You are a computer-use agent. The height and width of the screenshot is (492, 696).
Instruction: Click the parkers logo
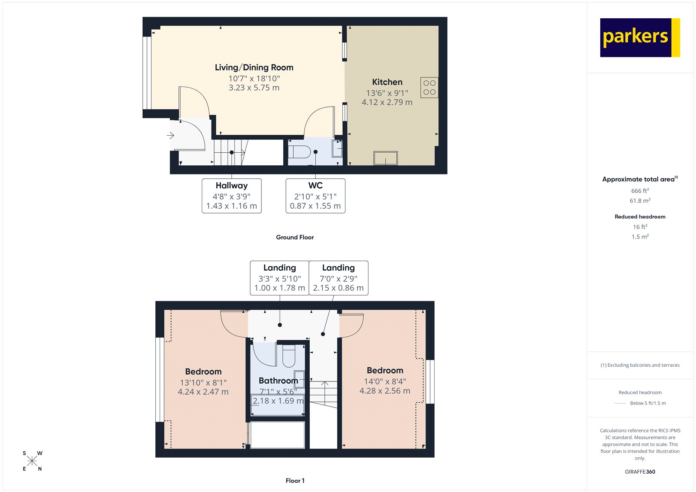click(x=639, y=37)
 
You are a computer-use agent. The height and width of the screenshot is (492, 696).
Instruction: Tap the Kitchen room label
click(x=387, y=82)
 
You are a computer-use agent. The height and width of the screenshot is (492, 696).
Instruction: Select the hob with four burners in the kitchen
click(x=429, y=87)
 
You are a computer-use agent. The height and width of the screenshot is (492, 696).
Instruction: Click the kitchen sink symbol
click(x=385, y=158)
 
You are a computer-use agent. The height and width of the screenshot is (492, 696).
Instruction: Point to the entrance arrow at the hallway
click(x=171, y=135)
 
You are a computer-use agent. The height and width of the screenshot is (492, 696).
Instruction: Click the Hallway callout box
click(x=231, y=196)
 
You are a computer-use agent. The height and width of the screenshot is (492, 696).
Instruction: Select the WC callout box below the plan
click(x=315, y=196)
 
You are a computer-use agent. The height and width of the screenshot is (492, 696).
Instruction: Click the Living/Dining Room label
click(x=254, y=67)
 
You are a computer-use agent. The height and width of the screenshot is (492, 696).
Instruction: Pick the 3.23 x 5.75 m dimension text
click(x=254, y=88)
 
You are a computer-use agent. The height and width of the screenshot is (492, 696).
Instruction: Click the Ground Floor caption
click(x=294, y=237)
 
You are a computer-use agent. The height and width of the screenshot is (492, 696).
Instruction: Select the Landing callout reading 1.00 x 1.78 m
click(x=279, y=278)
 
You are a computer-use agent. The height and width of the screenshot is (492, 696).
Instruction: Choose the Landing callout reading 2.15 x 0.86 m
click(x=338, y=278)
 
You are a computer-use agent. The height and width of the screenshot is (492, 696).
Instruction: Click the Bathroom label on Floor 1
click(x=278, y=381)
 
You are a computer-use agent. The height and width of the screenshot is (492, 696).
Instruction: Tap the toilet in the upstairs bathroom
click(x=289, y=357)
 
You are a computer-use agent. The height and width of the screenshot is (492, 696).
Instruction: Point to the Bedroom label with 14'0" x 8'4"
click(x=385, y=371)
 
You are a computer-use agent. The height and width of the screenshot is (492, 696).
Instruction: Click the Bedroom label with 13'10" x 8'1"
click(x=203, y=372)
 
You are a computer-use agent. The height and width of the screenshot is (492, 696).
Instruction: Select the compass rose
click(x=32, y=461)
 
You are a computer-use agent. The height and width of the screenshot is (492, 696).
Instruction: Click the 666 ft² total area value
click(x=640, y=191)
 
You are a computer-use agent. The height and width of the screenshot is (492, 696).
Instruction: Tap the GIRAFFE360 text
click(x=640, y=472)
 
